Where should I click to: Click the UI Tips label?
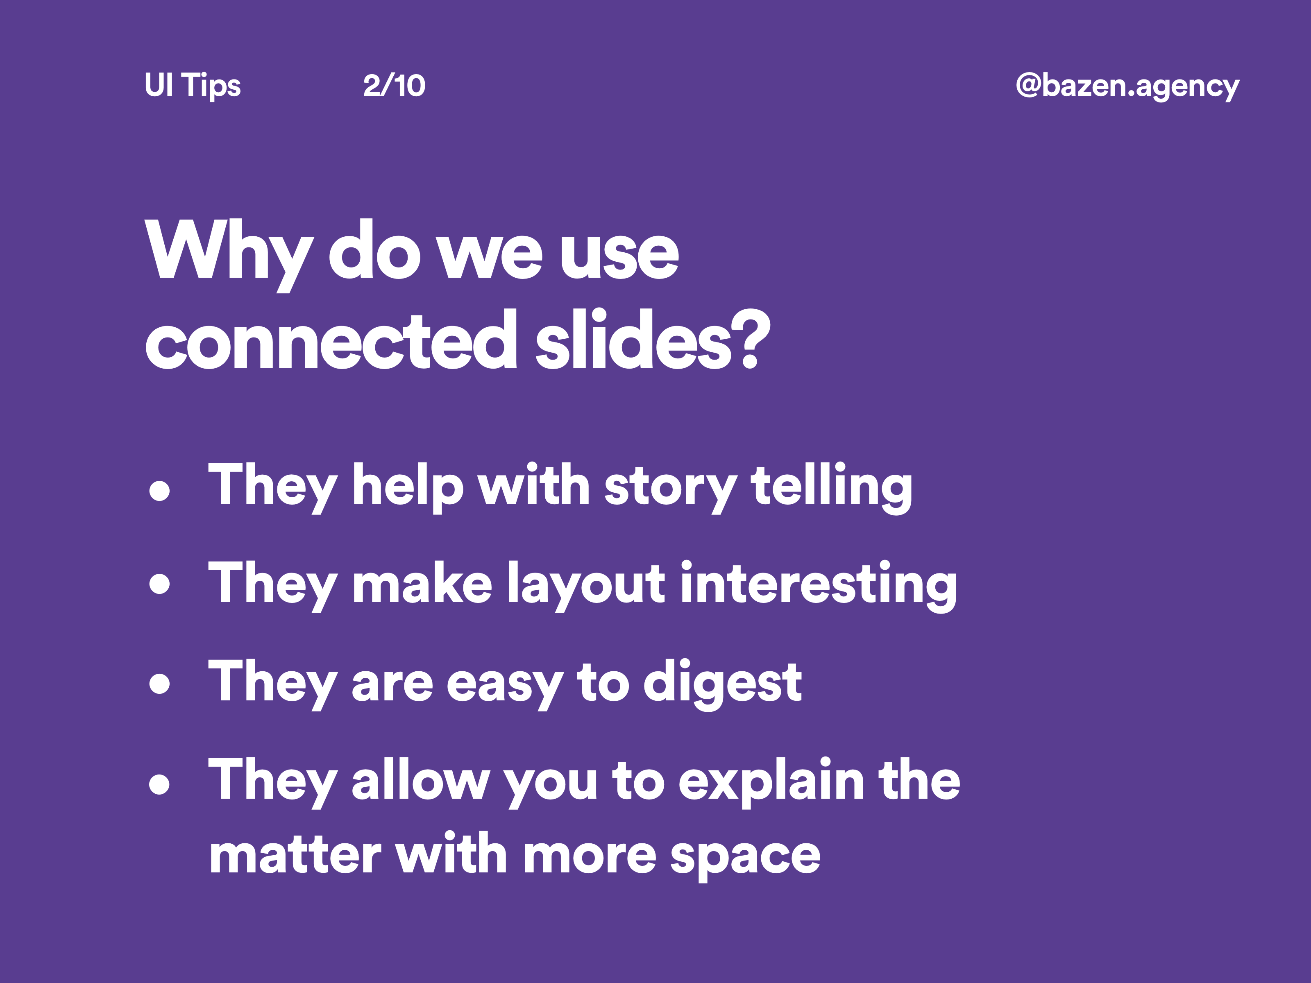click(x=192, y=86)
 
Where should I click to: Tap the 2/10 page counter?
click(x=394, y=86)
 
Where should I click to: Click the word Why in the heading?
click(x=228, y=252)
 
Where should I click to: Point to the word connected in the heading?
click(x=331, y=341)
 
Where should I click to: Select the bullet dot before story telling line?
click(x=159, y=491)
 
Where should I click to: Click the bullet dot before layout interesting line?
click(x=159, y=583)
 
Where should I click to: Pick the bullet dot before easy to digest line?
click(x=159, y=683)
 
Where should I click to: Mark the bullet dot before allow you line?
click(x=159, y=783)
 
